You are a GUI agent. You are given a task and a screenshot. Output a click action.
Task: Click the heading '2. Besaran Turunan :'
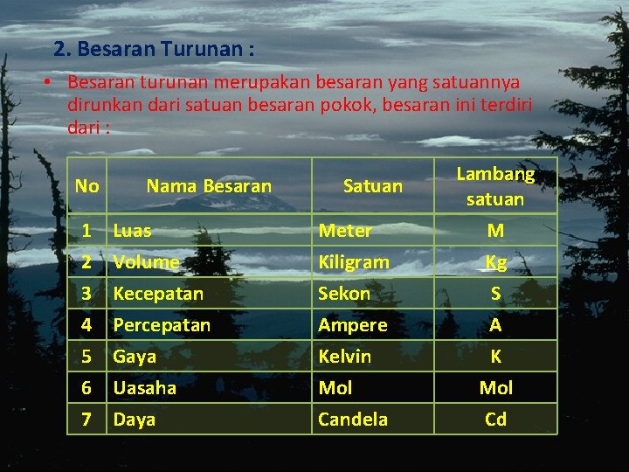pos(154,49)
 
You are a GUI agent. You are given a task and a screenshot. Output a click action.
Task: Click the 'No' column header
pos(86,186)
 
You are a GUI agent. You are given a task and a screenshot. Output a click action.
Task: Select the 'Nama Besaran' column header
pos(209,186)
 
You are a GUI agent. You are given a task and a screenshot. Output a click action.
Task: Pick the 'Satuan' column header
pos(373,186)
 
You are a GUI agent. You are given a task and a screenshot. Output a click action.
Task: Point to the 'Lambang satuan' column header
pos(495,186)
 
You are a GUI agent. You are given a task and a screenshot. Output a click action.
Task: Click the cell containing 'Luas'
pos(132,231)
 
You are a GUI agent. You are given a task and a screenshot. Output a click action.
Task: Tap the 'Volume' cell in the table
pos(146,262)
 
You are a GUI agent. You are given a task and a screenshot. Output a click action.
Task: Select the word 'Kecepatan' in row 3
pos(158,294)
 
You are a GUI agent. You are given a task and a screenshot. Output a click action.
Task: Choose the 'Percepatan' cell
pos(162,325)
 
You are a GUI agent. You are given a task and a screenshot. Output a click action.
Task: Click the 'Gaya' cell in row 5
pos(135,357)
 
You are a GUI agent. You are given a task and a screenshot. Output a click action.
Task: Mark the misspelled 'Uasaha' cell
pos(144,388)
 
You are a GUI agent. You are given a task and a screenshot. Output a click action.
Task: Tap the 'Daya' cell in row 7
pos(135,420)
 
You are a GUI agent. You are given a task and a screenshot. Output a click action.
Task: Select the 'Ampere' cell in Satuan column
pos(352,325)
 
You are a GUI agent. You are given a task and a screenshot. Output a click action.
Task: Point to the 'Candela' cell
pos(353,420)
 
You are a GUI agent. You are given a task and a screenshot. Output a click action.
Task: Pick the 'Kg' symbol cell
pos(495,262)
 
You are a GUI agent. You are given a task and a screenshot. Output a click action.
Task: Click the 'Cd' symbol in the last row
pos(495,420)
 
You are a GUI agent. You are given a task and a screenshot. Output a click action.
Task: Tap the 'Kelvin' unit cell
pos(344,357)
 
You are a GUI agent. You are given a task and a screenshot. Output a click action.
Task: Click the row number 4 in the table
pos(86,325)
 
